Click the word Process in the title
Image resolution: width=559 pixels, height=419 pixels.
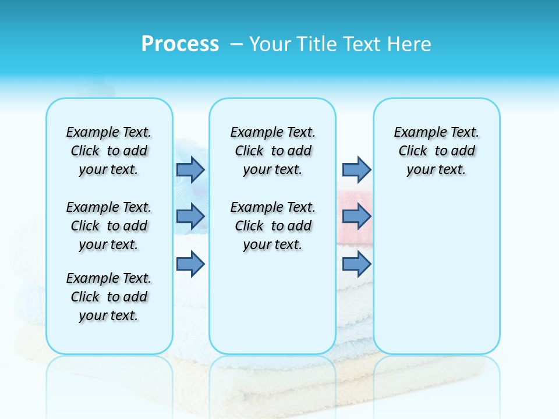(x=180, y=44)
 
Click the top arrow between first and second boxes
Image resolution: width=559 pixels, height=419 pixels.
(x=190, y=169)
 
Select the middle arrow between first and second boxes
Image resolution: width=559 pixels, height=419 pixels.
(x=190, y=216)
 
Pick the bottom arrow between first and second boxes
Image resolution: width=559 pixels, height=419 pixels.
(x=190, y=264)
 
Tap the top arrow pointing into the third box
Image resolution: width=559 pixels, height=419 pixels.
(x=356, y=169)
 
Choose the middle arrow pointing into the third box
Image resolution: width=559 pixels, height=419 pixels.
(x=356, y=216)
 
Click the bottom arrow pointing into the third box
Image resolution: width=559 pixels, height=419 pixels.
(x=356, y=264)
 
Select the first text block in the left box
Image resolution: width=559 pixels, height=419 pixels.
(x=109, y=151)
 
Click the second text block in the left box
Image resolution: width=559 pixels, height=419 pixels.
(x=109, y=226)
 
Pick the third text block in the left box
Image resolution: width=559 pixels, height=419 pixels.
(x=109, y=297)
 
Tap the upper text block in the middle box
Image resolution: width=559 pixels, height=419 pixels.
(x=273, y=151)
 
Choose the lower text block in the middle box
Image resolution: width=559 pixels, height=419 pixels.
(x=273, y=226)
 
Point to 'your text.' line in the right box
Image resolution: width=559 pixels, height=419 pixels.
(x=436, y=170)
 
